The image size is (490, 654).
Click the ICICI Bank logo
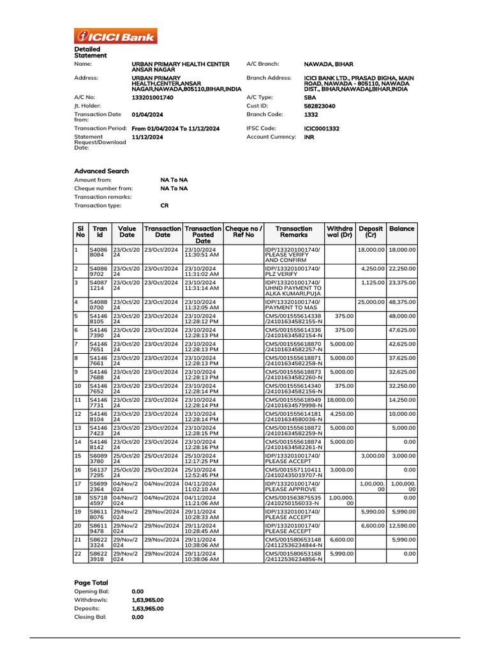point(115,36)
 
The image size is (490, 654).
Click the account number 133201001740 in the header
point(152,97)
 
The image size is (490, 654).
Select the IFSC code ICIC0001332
point(322,128)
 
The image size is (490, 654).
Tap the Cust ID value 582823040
point(320,106)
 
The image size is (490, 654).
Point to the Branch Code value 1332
point(311,115)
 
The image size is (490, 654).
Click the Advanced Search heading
point(101,171)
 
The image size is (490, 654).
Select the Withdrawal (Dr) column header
point(339,232)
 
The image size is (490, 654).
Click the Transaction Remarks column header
point(293,232)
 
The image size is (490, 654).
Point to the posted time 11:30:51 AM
point(202,254)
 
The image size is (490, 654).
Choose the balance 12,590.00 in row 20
point(402,527)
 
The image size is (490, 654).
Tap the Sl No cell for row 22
point(78,554)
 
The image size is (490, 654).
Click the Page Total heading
point(91,582)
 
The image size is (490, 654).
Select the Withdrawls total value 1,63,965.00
point(147,600)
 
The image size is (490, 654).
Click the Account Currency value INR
point(309,137)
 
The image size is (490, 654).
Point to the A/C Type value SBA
point(310,97)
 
